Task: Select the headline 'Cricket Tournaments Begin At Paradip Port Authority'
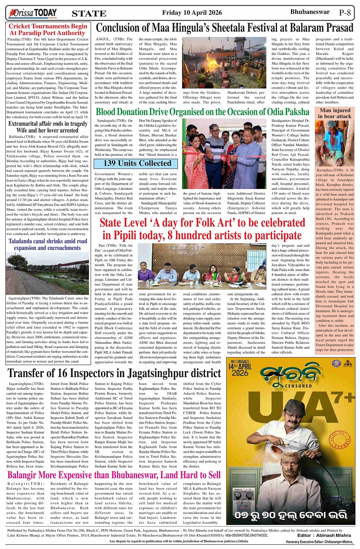tap(48, 29)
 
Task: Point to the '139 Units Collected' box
tap(137, 163)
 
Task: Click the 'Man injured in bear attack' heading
tap(335, 113)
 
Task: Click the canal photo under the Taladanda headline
tap(48, 273)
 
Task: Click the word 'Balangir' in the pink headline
tap(24, 475)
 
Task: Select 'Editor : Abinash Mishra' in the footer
tap(324, 535)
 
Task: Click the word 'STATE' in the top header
tap(89, 14)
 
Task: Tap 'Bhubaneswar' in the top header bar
tap(310, 12)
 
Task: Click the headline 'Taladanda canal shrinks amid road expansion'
tap(48, 244)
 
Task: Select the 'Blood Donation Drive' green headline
tap(202, 112)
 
